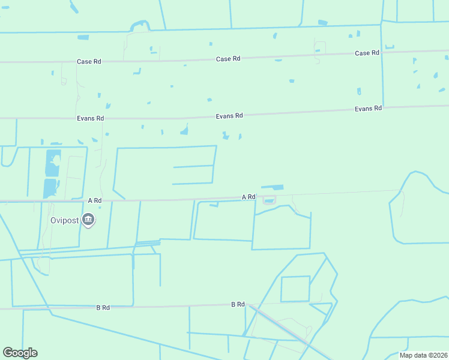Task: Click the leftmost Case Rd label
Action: click(88, 62)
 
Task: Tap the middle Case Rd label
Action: click(228, 59)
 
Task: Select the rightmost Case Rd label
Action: click(367, 53)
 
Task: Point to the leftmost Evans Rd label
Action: click(90, 119)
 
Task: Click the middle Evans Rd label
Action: click(230, 116)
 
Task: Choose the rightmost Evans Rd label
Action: click(368, 109)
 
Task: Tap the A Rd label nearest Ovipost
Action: click(95, 200)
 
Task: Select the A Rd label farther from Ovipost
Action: click(249, 197)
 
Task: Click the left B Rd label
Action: click(103, 308)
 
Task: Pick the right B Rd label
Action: click(238, 305)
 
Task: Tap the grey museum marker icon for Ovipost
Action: click(89, 220)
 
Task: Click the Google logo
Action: click(20, 353)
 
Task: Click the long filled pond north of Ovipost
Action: click(52, 173)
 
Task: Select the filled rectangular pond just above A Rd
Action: click(273, 187)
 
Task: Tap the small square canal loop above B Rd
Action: click(295, 289)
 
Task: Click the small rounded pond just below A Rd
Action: click(269, 200)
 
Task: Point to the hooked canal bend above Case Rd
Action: click(139, 25)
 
